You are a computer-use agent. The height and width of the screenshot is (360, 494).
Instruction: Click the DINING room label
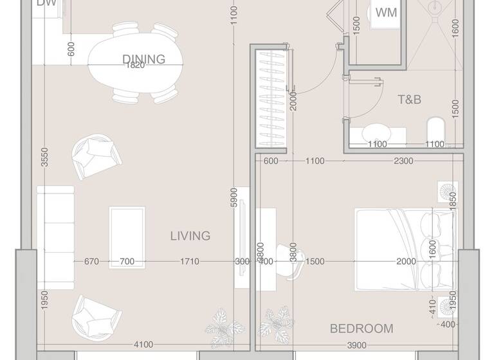click(143, 59)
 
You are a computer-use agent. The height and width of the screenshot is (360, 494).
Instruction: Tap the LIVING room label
click(190, 236)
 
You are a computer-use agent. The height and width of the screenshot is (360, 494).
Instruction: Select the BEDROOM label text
click(361, 328)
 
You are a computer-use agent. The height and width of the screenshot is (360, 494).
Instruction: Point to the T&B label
click(409, 100)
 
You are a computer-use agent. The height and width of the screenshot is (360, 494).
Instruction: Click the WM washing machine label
click(385, 13)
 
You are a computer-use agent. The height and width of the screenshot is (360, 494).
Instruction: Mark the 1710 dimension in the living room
click(189, 262)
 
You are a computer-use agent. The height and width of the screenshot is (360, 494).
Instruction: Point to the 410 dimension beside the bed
click(432, 303)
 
